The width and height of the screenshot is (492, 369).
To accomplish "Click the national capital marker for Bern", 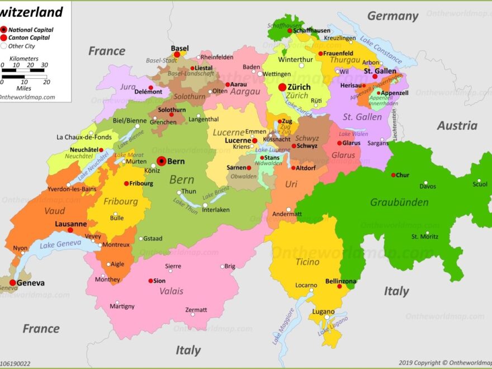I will point(162,161).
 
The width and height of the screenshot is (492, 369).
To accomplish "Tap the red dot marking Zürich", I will point(282,87).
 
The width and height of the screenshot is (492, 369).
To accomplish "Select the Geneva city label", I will point(30,283).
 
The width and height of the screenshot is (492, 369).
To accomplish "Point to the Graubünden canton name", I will point(399,202).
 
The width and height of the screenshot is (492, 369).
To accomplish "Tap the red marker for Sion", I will point(150,281).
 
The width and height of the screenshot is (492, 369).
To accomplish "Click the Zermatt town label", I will point(196,310).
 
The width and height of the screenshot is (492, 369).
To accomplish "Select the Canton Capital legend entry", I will point(29,37).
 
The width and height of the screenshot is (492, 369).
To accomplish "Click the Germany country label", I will point(392,16).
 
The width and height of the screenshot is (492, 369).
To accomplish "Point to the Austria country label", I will point(457,126).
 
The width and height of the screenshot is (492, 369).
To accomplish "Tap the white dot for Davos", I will point(425,182).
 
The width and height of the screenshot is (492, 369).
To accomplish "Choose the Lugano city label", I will point(323,311).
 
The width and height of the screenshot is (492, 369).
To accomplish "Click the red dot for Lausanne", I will point(70,230).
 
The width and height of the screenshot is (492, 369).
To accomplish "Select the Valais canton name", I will point(172,291).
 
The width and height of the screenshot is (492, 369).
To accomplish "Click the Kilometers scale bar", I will point(23,70).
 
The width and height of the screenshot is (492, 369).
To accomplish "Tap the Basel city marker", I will point(177,55).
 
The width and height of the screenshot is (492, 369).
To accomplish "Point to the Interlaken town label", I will point(216,210).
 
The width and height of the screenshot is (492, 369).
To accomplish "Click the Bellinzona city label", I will point(341,281).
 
